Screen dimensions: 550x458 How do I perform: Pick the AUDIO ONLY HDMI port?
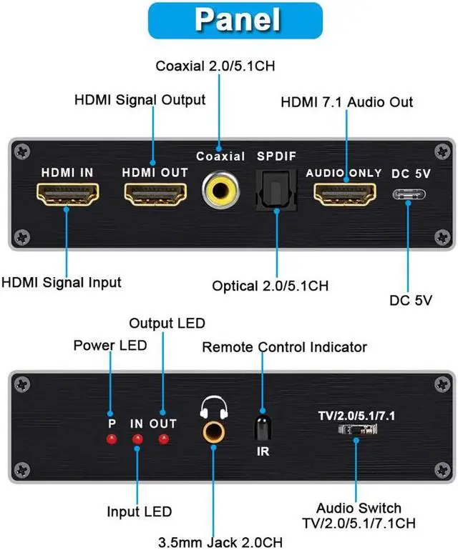[345, 194]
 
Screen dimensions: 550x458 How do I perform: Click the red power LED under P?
[111, 438]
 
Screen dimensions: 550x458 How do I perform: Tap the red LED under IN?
[137, 439]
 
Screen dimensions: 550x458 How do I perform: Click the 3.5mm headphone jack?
[214, 431]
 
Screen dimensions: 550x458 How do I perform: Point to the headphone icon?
[214, 406]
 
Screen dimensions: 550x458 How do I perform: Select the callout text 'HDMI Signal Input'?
[61, 282]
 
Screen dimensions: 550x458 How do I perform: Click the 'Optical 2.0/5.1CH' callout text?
[270, 286]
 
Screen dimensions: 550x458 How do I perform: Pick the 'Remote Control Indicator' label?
[284, 347]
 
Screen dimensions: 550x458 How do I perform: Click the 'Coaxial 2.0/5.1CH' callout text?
[215, 66]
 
